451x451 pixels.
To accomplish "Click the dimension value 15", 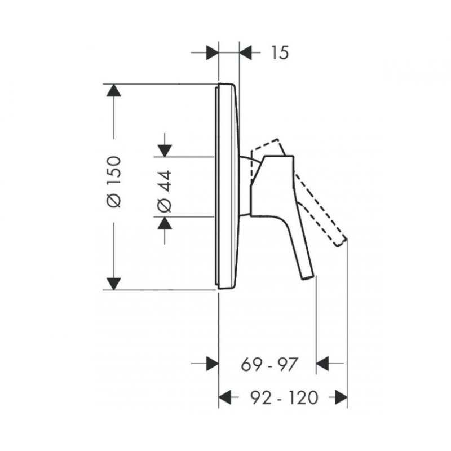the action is point(280,53).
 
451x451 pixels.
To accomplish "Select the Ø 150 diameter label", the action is point(114,182).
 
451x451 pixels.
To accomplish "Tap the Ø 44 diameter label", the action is point(165,192).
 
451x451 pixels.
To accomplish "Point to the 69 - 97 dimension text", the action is point(269,364).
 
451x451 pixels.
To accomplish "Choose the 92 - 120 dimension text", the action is point(285,398).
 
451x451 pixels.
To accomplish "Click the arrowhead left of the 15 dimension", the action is point(213,53).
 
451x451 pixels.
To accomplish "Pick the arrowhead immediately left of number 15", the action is point(246,53).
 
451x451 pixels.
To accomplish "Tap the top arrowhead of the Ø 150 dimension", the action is point(114,90).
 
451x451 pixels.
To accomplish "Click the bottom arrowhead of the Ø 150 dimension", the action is point(114,284).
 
